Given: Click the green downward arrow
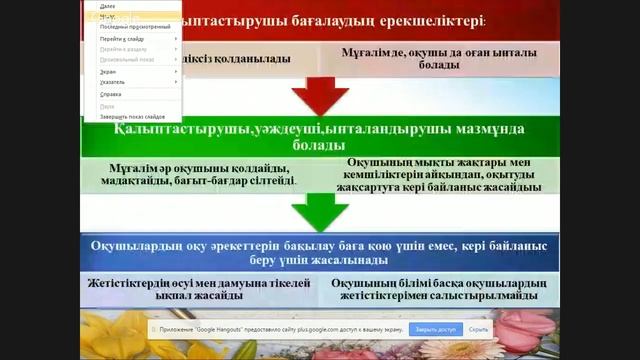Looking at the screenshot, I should click(319, 209).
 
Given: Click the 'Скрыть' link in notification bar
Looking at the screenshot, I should click(478, 329).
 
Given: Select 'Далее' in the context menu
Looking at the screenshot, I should click(108, 6).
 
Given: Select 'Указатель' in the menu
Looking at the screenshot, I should click(113, 82).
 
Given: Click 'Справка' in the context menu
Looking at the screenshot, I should click(111, 94).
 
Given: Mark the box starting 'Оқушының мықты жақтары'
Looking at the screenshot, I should click(441, 173).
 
